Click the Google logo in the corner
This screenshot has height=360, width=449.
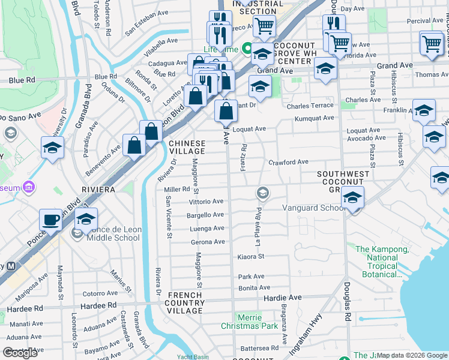point(20,353)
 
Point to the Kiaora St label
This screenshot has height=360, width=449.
point(251,257)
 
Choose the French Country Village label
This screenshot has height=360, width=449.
point(185,303)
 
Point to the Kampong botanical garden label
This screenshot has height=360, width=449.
point(376,262)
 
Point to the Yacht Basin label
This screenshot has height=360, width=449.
point(193,357)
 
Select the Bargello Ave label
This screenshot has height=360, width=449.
point(206,215)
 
